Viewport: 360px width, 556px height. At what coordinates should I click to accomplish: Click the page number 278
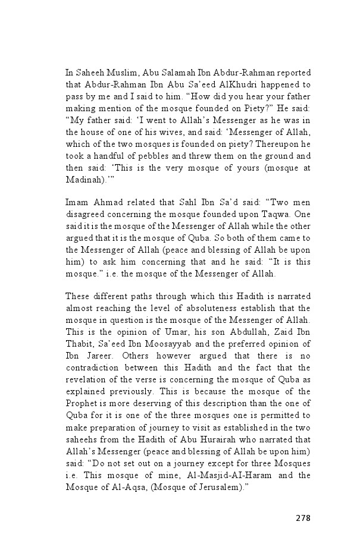pyautogui.click(x=302, y=517)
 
